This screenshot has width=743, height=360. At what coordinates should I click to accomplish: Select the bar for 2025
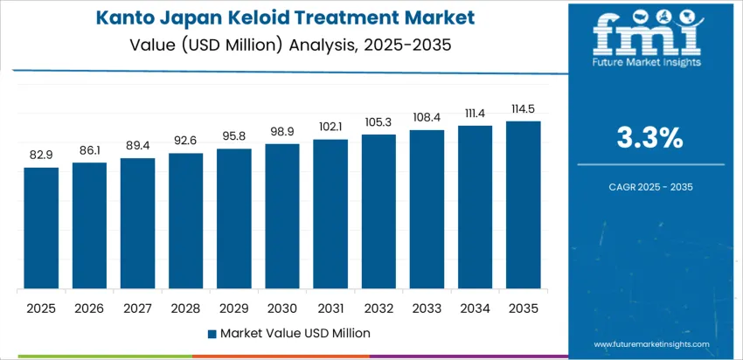click(41, 229)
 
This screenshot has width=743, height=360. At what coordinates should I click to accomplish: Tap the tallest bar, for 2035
click(523, 205)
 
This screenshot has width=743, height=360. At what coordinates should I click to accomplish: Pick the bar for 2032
click(378, 212)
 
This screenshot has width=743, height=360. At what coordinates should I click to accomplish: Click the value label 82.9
click(41, 155)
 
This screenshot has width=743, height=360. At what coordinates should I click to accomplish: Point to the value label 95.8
click(234, 136)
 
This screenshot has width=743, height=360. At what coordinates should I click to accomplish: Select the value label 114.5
click(523, 108)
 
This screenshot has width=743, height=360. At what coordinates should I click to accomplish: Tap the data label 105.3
click(378, 121)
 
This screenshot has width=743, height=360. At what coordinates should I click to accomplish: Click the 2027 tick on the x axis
click(137, 308)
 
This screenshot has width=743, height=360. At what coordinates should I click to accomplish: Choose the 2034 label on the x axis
click(475, 308)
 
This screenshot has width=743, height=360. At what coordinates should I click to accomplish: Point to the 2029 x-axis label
click(234, 308)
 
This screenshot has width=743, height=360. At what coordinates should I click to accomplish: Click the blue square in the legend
click(212, 333)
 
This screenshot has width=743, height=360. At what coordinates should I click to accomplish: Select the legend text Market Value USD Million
click(295, 333)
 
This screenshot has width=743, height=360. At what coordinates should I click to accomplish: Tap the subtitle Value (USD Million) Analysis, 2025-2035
click(290, 42)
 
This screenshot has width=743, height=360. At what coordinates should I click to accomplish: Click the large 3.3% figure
click(650, 138)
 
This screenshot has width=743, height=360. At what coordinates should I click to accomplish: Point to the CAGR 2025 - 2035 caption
click(650, 186)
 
